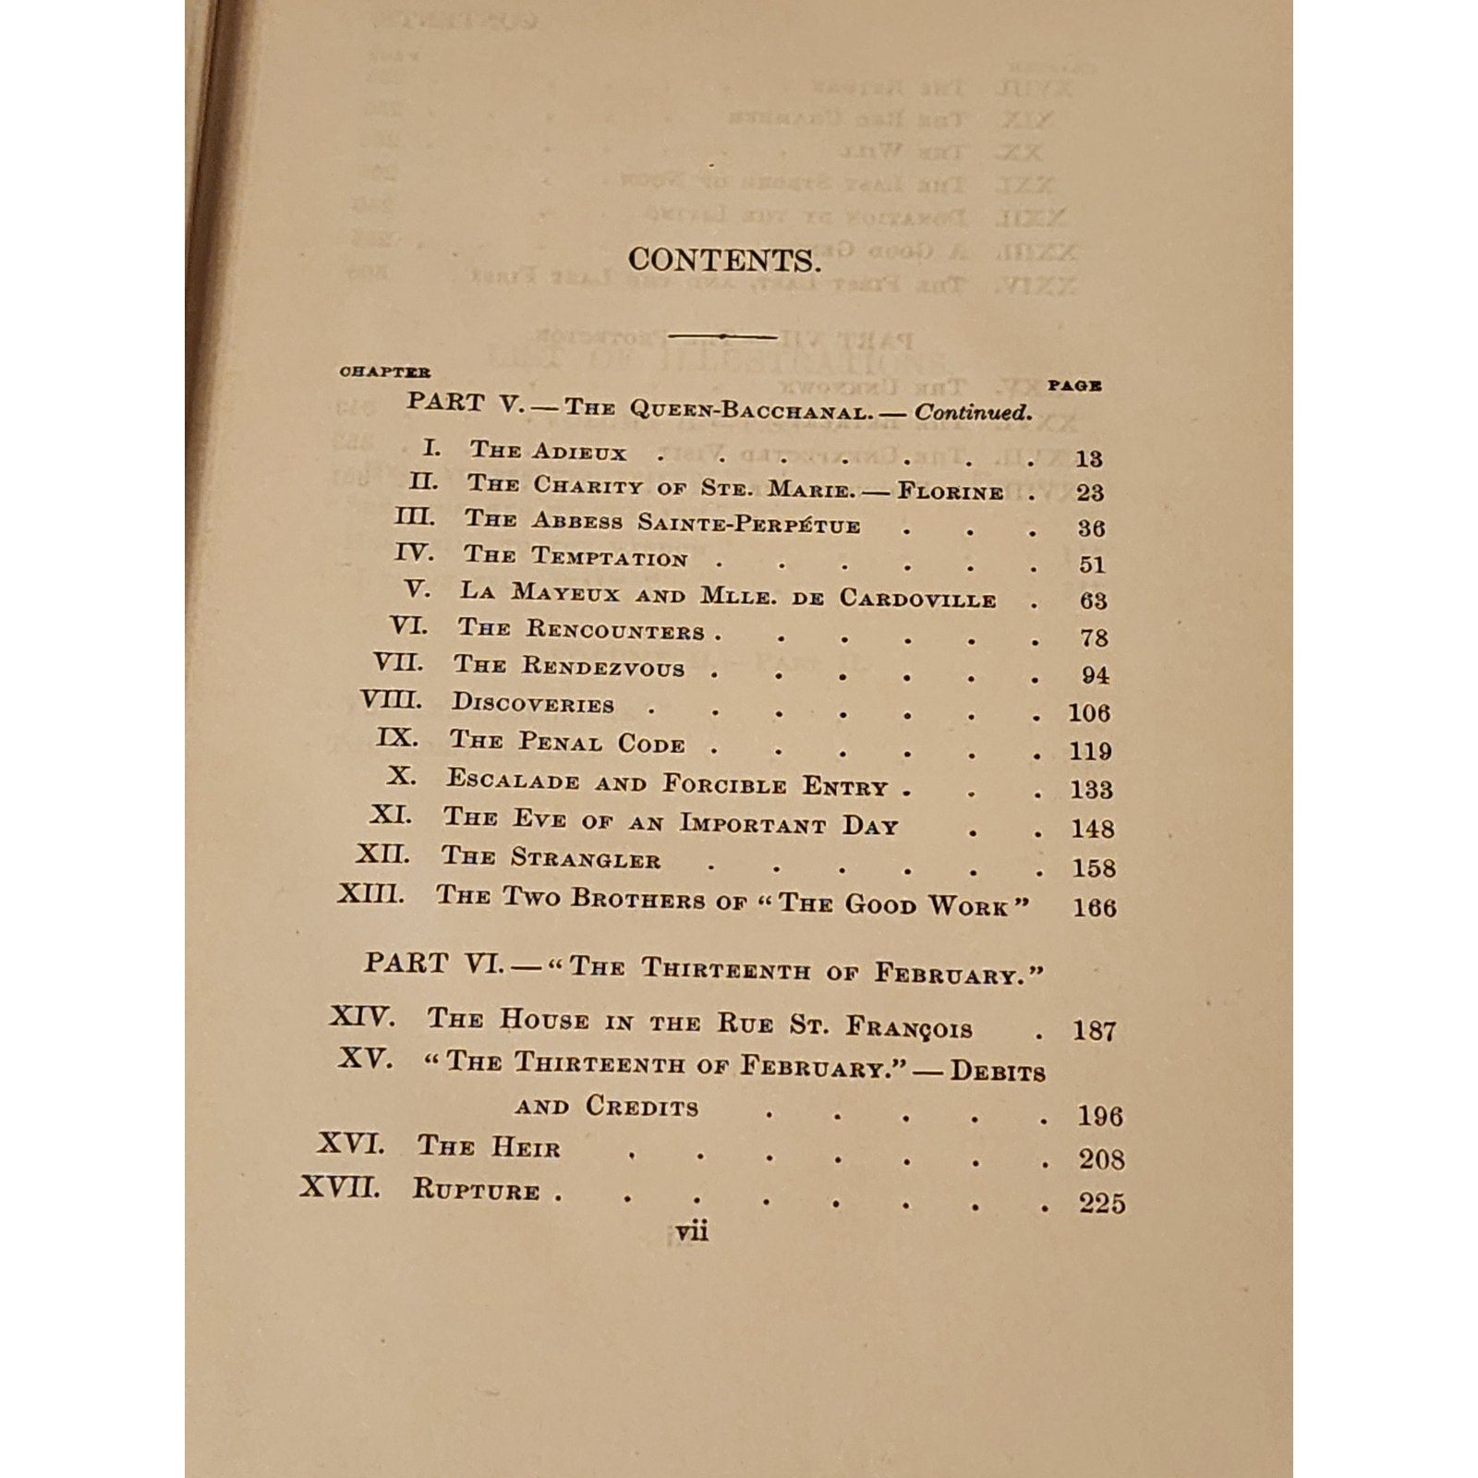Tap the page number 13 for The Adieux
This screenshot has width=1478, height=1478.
point(1089,458)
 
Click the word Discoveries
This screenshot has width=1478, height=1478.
point(533,705)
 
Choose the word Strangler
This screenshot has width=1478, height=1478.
point(586,860)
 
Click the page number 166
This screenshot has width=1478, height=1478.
point(1094,907)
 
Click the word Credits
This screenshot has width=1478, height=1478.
point(642,1107)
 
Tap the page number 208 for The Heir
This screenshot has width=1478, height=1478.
point(1100,1159)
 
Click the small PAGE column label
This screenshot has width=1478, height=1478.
point(1075,385)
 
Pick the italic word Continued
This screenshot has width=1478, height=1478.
point(973,413)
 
